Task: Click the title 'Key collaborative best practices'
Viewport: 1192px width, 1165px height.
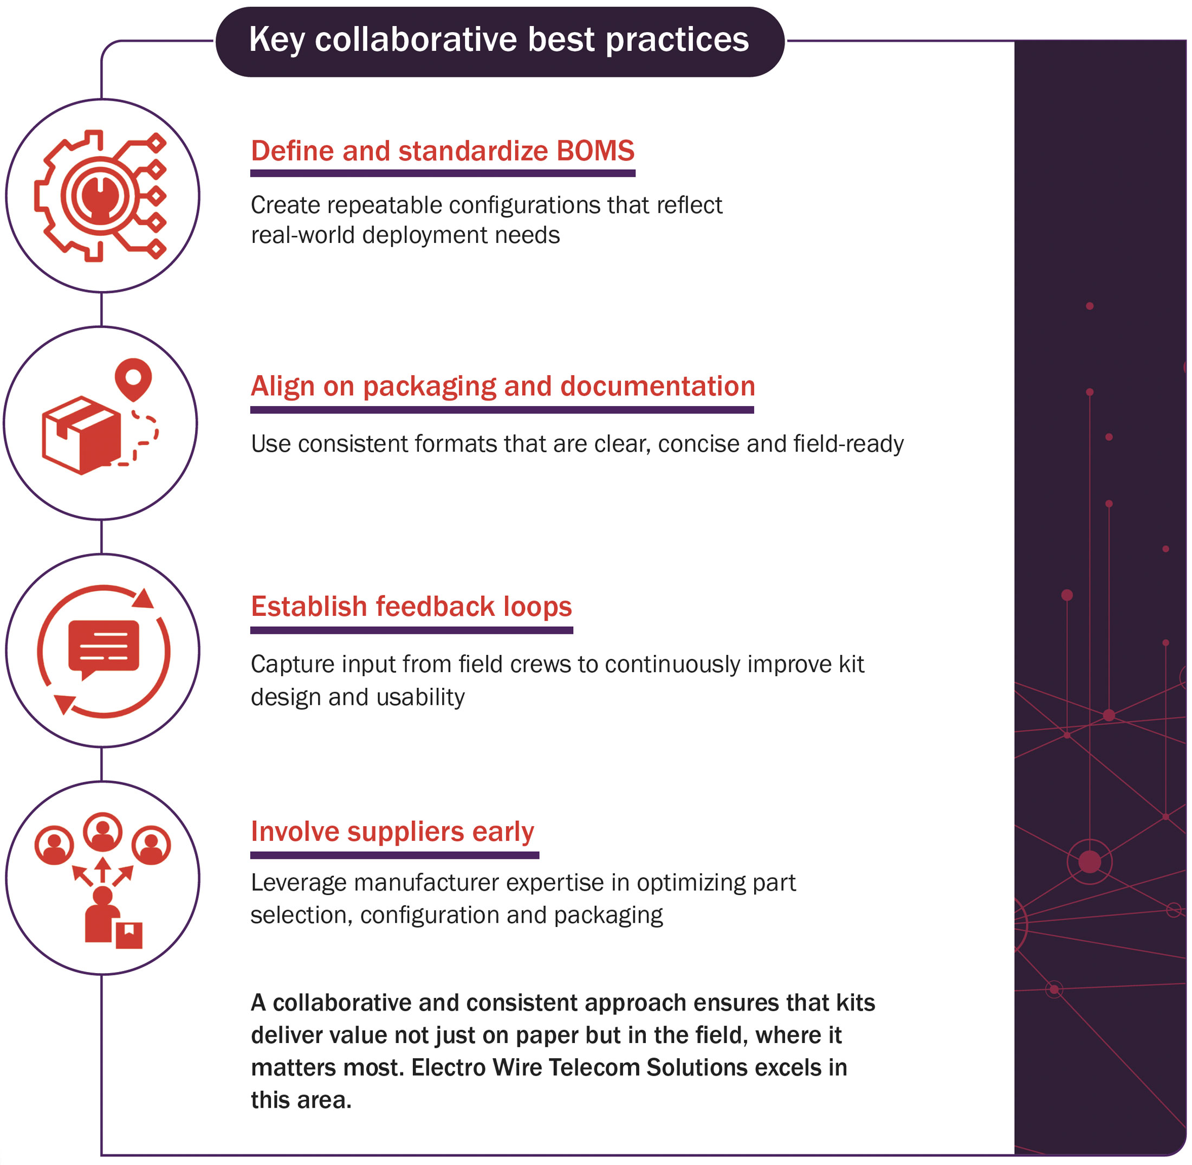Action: point(499,40)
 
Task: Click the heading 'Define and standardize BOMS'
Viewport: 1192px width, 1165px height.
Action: point(443,151)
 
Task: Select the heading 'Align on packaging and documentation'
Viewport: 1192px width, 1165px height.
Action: point(503,387)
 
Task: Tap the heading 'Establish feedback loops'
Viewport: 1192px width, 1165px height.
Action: point(411,607)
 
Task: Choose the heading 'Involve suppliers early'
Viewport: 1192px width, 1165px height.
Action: point(392,832)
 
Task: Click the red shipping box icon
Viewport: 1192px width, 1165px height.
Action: point(81,435)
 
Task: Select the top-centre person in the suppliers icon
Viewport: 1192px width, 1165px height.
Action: point(103,832)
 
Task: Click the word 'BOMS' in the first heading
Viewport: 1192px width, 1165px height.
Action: point(595,151)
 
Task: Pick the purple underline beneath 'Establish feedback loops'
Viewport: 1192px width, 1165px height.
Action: point(412,630)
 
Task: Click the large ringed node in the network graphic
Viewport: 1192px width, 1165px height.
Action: point(1090,862)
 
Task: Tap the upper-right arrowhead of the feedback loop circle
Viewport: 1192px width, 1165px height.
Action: point(144,598)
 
